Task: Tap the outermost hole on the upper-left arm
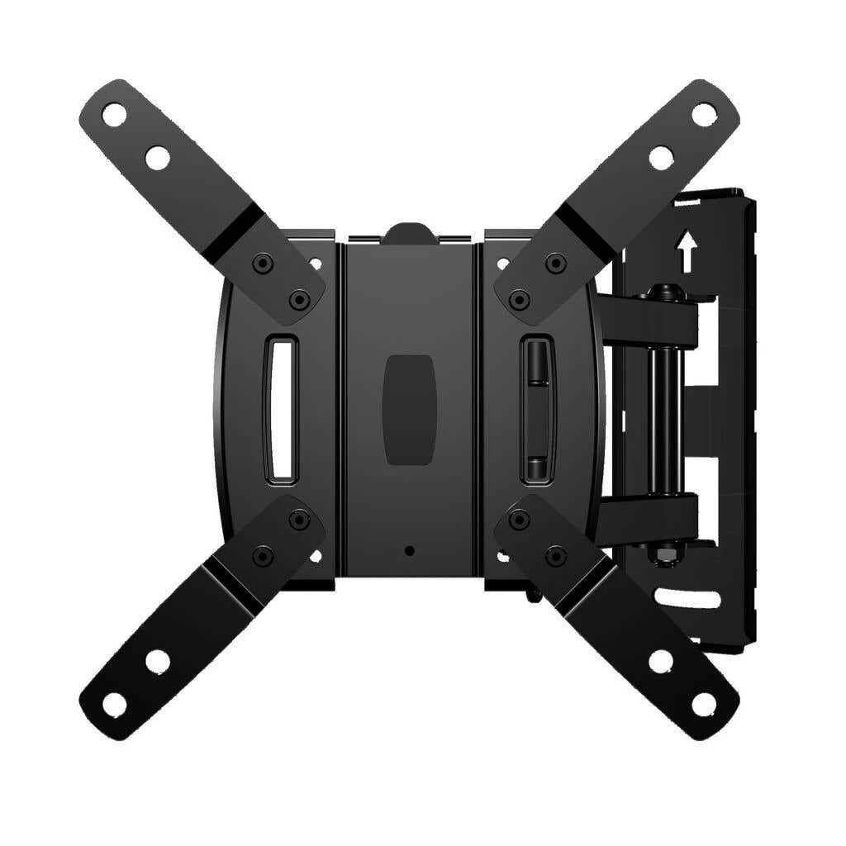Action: (115, 115)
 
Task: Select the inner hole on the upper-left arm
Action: (157, 158)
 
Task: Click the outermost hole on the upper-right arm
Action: (704, 115)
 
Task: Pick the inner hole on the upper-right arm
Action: (661, 158)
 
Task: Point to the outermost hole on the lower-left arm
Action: (115, 704)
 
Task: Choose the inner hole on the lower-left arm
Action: (157, 661)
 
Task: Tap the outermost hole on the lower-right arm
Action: (704, 704)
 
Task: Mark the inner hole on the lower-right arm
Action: (661, 661)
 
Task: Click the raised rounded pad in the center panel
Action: (410, 409)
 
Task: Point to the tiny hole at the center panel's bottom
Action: (409, 550)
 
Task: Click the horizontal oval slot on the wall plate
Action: (687, 597)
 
